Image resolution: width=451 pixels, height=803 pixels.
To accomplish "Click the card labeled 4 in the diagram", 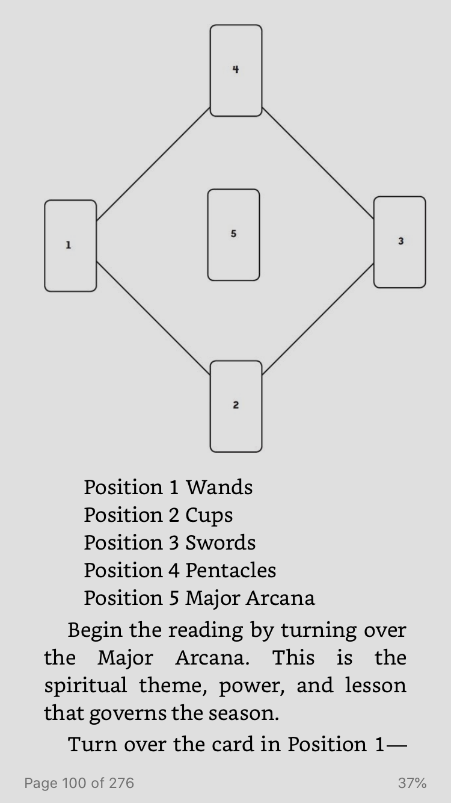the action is point(236,70).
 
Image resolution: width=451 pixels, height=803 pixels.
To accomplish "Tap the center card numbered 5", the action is point(233,235).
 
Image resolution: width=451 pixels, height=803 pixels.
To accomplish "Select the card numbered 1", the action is point(70,246).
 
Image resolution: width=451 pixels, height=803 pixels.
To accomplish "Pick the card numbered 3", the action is point(400,242).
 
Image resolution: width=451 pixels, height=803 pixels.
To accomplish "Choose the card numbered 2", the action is point(236,406).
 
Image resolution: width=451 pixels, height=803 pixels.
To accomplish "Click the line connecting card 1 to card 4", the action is point(153,164).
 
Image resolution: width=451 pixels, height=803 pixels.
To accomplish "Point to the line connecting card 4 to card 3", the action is point(318,163).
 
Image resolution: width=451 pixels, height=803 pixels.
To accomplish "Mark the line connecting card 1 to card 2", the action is point(153,318).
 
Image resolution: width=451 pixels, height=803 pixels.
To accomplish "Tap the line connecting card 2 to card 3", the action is point(318,319).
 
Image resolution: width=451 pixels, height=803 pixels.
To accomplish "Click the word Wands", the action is point(219,488).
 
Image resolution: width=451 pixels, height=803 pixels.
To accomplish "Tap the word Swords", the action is point(221,543).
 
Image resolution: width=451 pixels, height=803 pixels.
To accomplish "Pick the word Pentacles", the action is point(231,570).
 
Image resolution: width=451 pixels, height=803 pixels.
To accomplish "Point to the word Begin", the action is point(95,631).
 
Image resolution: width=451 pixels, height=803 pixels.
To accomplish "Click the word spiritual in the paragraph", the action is point(85,686).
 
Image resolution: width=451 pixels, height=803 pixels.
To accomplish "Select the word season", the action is point(244,713).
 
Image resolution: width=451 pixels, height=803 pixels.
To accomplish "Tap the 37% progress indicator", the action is point(413,783).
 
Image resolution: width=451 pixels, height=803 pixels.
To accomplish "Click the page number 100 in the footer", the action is point(74,783).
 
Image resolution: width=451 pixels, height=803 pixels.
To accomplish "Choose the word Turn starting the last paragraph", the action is point(93,745).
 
